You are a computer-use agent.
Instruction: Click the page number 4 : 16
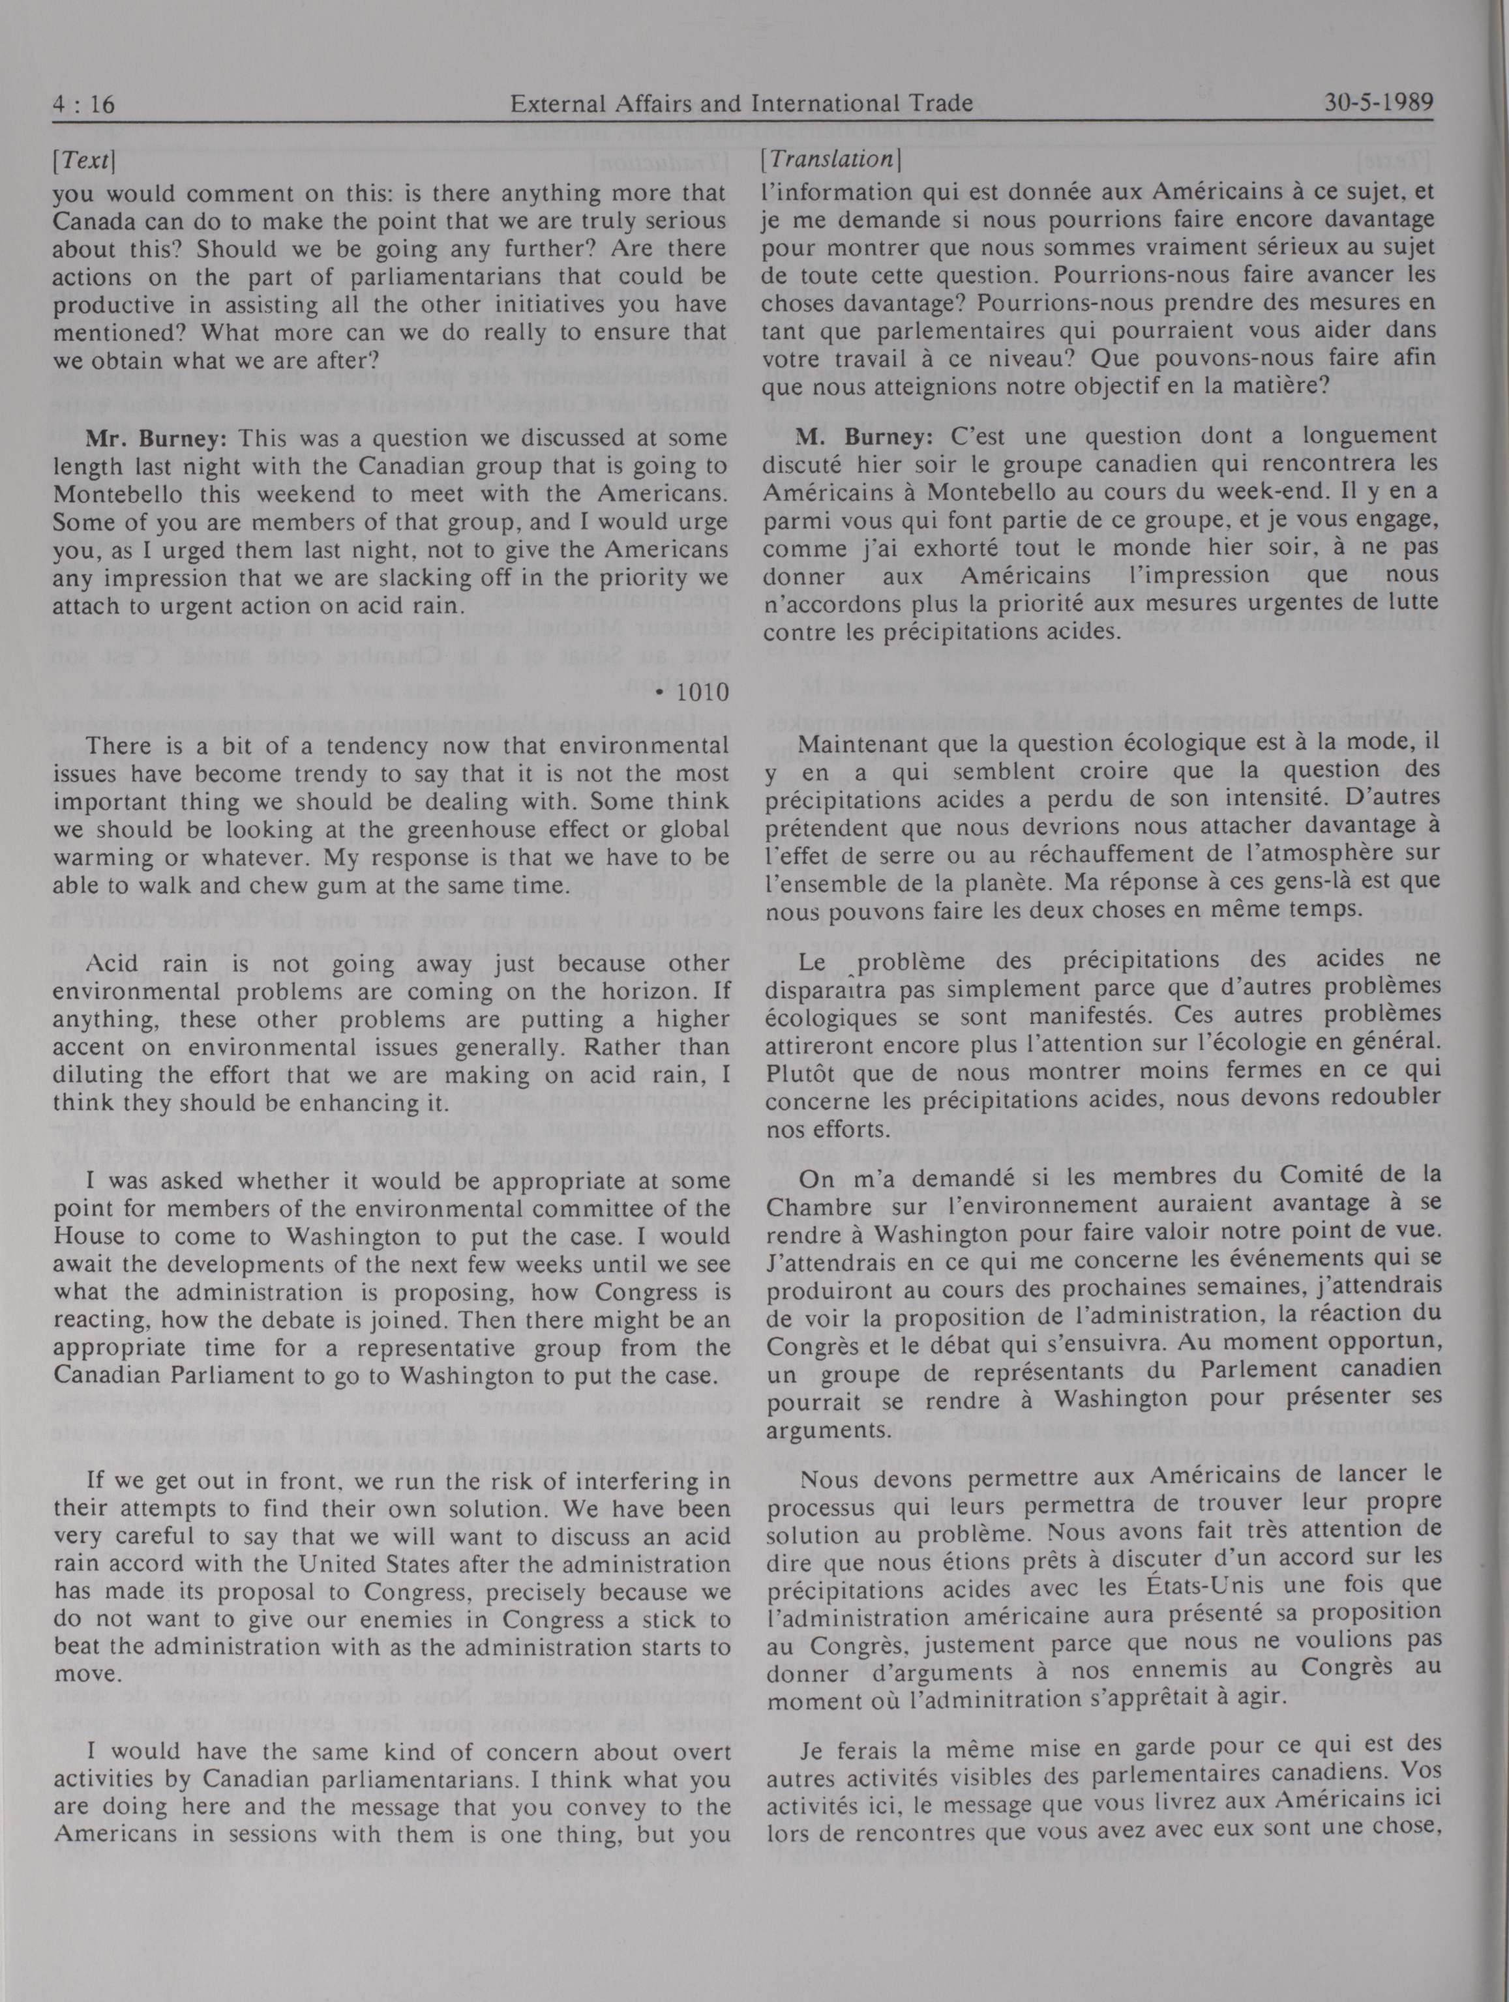[x=84, y=105]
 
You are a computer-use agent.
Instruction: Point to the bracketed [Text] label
[x=84, y=162]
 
